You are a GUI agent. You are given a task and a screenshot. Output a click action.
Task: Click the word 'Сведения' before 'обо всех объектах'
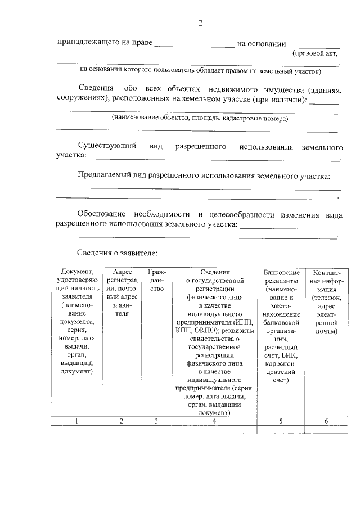pos(96,89)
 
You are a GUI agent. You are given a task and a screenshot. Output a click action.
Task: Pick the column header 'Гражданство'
pos(157,280)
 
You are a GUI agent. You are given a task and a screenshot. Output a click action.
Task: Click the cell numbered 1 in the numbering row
pos(76,421)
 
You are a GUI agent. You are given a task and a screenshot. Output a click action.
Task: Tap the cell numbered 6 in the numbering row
pos(326,421)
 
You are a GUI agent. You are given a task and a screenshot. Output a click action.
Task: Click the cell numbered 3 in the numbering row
pos(157,421)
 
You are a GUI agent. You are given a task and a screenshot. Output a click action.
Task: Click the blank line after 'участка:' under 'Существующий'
pos(214,158)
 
